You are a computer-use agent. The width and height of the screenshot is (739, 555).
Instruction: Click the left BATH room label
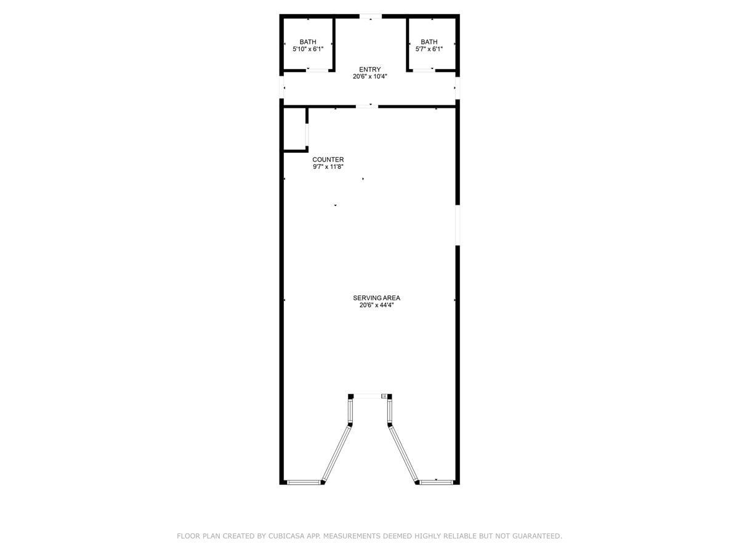click(x=308, y=42)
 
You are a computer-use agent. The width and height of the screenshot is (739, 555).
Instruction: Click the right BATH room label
click(x=429, y=42)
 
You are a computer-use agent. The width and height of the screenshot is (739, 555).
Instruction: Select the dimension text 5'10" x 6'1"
click(x=308, y=49)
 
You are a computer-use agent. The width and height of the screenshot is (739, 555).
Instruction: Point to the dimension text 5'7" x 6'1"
click(x=429, y=49)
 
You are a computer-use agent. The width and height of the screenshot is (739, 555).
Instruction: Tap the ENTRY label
click(x=370, y=70)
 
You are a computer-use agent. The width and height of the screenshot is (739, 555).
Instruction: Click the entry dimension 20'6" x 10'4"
click(x=370, y=76)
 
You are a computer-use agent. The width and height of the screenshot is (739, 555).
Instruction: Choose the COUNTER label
click(x=328, y=160)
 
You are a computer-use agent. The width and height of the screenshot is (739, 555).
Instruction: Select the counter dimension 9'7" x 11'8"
click(x=328, y=166)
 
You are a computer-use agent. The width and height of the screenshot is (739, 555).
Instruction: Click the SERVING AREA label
click(x=376, y=298)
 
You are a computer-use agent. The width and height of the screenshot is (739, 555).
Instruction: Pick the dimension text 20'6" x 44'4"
click(x=376, y=305)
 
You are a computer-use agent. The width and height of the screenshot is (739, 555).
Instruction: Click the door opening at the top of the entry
click(x=370, y=16)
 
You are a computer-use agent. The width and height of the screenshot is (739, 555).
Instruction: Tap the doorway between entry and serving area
click(x=367, y=106)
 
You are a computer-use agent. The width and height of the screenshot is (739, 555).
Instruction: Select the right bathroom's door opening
click(x=423, y=70)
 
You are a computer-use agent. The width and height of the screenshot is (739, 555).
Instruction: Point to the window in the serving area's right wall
click(x=458, y=225)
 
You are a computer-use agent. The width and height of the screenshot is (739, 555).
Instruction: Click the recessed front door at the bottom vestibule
click(x=369, y=396)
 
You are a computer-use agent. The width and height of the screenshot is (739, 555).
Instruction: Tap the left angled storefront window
click(x=336, y=453)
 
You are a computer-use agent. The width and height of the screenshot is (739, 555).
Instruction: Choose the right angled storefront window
click(x=404, y=453)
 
